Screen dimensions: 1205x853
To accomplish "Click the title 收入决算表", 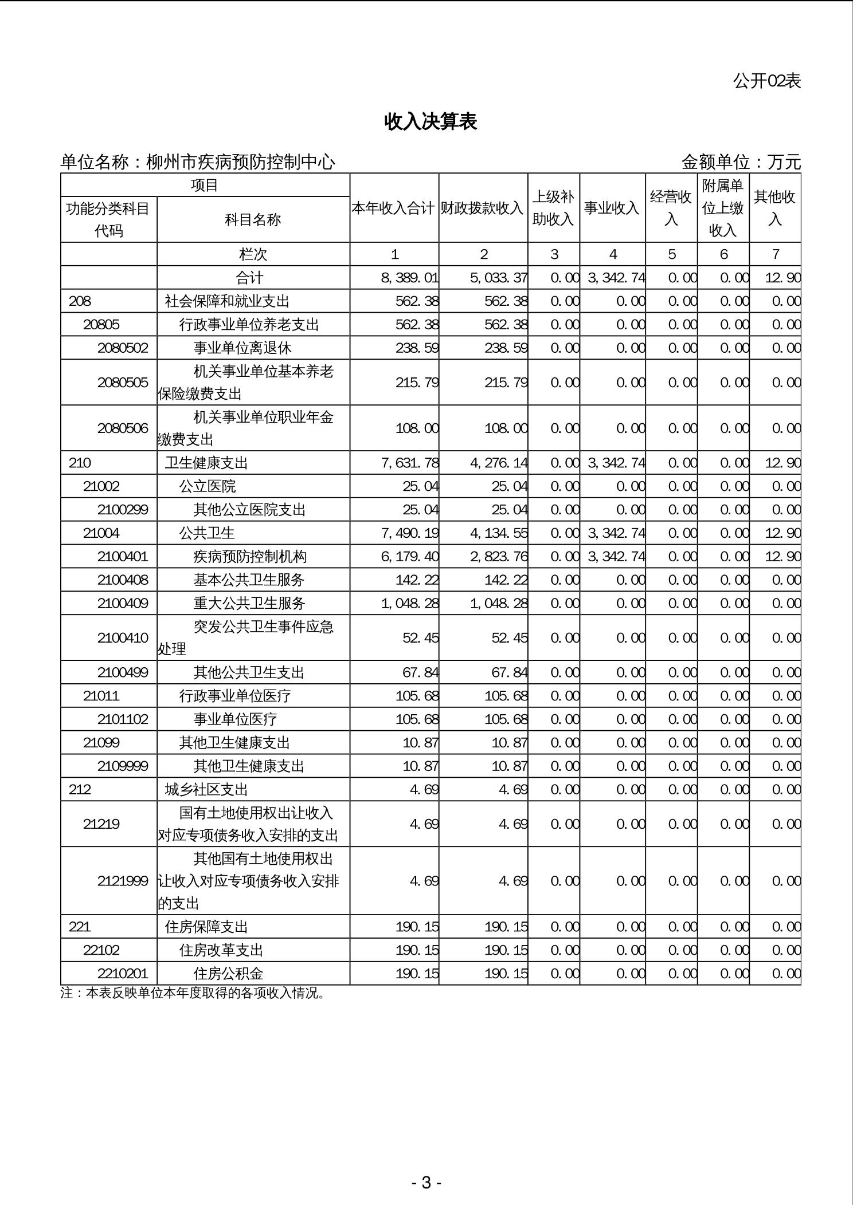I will click(x=431, y=121).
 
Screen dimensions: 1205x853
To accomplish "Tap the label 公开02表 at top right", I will click(x=766, y=81).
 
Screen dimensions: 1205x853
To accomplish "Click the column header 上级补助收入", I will click(x=553, y=208).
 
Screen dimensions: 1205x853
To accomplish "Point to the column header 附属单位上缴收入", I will click(x=723, y=208).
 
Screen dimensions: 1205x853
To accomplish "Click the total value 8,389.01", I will click(x=409, y=278).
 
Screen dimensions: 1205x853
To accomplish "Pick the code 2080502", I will click(x=123, y=348).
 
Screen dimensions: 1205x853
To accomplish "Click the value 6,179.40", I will click(x=409, y=556).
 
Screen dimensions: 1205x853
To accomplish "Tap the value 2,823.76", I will click(x=498, y=556).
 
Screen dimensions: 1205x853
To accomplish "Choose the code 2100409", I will click(x=123, y=603).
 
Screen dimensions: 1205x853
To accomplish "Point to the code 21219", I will click(x=101, y=824).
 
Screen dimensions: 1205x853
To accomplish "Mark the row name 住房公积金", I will click(x=228, y=973).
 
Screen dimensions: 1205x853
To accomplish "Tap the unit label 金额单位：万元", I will click(x=741, y=162).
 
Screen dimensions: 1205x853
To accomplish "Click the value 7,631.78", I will click(x=409, y=463).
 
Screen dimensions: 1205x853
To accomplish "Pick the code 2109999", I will click(x=123, y=766).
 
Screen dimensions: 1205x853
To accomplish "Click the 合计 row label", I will click(x=250, y=278).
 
